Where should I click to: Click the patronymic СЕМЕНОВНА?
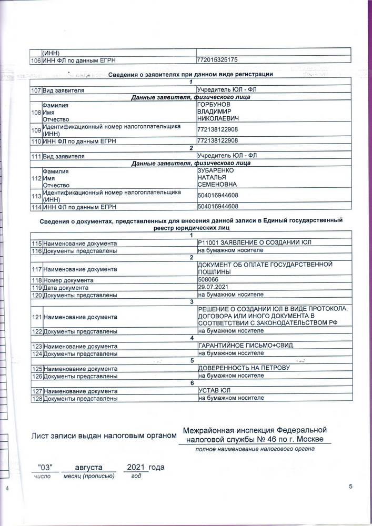pyautogui.click(x=217, y=185)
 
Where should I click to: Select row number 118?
pyautogui.click(x=36, y=280)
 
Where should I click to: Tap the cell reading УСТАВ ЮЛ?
pyautogui.click(x=215, y=391)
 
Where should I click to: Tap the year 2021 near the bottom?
pyautogui.click(x=136, y=467)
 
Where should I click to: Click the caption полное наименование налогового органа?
pyautogui.click(x=255, y=449)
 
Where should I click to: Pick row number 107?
pyautogui.click(x=36, y=90)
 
